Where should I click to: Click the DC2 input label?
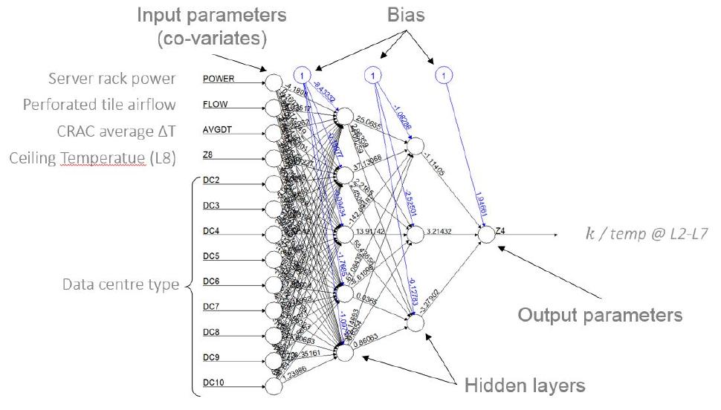click(211, 180)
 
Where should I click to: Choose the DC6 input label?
click(211, 282)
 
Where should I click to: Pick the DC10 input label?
click(213, 383)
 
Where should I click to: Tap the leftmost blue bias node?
click(302, 74)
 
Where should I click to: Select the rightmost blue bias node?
click(443, 74)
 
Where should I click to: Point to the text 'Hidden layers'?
click(525, 385)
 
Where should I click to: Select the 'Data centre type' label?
click(121, 284)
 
